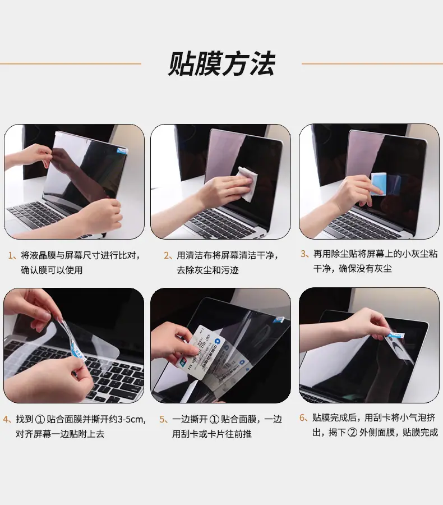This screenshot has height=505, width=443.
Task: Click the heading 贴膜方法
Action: (221, 64)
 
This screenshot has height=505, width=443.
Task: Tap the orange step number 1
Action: (11, 256)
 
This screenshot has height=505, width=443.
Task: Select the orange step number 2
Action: (167, 256)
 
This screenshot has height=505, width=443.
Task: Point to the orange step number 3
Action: (303, 254)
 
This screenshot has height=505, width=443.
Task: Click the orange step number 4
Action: (6, 419)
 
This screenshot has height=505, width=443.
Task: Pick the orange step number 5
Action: (162, 419)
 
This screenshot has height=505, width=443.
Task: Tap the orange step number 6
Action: (302, 417)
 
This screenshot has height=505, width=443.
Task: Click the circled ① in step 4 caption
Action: (39, 419)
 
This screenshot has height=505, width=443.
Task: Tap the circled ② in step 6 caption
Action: (353, 432)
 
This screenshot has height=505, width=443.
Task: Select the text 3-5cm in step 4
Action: (131, 419)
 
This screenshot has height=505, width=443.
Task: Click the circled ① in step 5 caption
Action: (214, 419)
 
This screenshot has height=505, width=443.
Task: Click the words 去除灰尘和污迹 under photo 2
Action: (207, 270)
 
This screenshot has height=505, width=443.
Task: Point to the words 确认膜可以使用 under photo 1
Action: (52, 270)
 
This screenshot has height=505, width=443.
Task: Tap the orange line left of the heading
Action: (71, 63)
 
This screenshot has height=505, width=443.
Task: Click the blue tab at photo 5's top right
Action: (279, 319)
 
